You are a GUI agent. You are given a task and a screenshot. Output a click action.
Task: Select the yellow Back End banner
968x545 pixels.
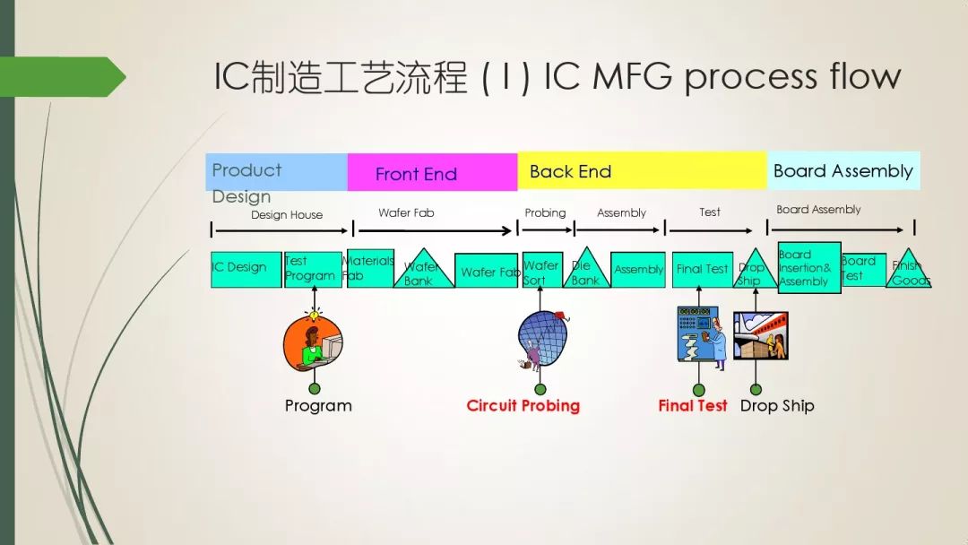(642, 171)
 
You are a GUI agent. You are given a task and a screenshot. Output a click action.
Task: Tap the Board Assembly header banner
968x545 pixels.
(843, 170)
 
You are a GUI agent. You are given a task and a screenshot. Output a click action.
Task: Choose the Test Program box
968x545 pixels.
(313, 269)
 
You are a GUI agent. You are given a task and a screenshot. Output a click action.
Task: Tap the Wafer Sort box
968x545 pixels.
(542, 270)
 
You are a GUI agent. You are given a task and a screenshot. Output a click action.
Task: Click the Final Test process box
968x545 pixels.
(702, 269)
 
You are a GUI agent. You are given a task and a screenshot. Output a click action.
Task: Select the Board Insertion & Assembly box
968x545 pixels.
(808, 267)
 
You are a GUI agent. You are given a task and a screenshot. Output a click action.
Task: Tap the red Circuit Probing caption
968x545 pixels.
(523, 406)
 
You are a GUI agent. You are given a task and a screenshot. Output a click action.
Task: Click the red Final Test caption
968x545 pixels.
(692, 406)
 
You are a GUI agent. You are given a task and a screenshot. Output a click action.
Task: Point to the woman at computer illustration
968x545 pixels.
(313, 346)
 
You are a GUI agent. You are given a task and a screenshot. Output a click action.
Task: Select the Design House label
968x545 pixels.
(287, 215)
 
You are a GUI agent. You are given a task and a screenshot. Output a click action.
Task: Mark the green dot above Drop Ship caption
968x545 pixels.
(756, 389)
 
